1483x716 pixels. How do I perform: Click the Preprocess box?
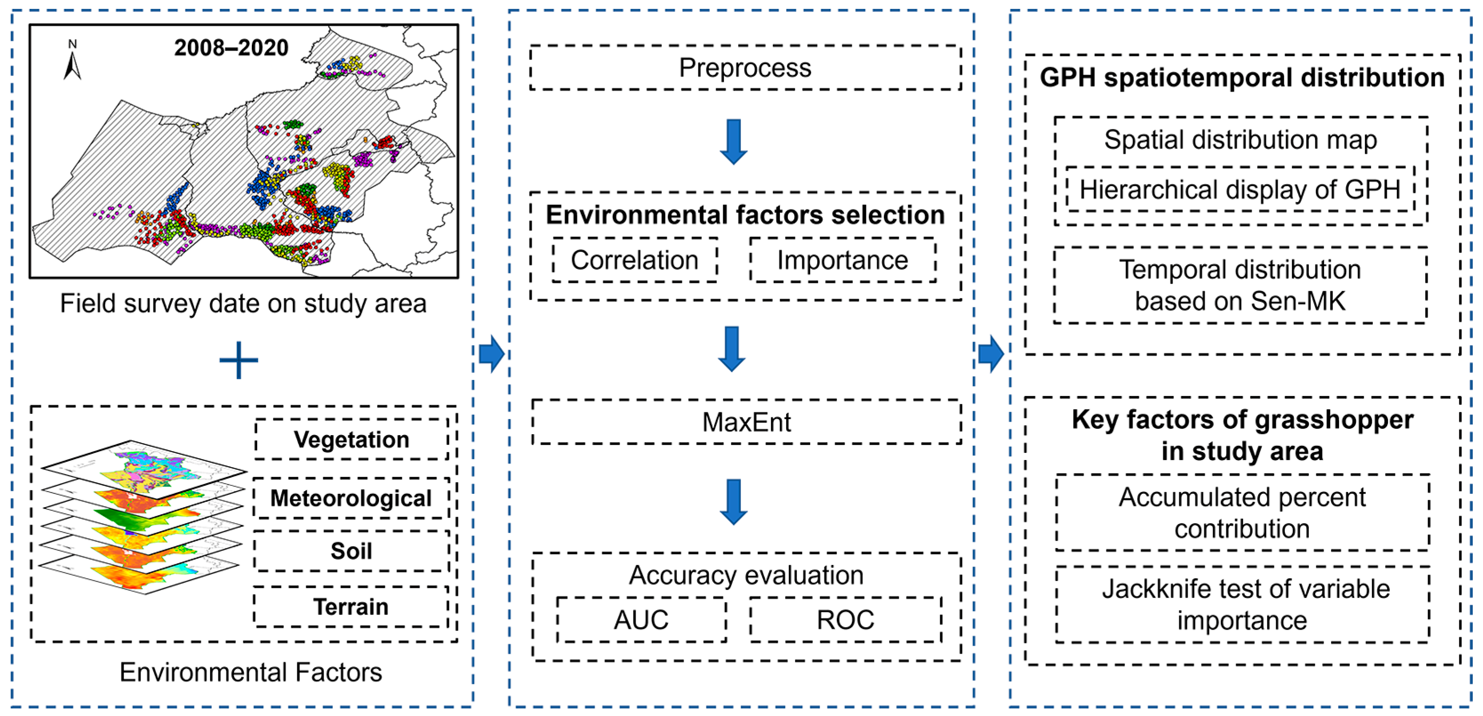coord(744,68)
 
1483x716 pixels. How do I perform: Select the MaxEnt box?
coord(746,422)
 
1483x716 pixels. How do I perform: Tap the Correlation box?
coord(634,260)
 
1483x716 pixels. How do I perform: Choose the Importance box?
coord(842,260)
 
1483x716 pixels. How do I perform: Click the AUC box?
coord(641,620)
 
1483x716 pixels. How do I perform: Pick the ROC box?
coord(845,620)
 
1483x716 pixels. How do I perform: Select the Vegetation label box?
coord(351,440)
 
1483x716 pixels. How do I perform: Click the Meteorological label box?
coord(351,498)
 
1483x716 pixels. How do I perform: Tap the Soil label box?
coord(351,551)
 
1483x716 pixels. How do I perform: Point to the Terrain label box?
coord(351,607)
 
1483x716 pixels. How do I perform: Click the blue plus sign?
coord(239,360)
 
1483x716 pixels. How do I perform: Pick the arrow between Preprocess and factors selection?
coord(733,142)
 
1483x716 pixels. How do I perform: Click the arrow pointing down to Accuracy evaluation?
coord(733,501)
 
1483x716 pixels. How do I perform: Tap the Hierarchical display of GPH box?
coord(1240,189)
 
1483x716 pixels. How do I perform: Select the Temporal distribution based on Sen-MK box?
coord(1240,286)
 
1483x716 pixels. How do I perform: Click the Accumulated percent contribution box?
coord(1242,512)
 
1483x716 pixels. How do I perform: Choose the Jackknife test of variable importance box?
coord(1242,605)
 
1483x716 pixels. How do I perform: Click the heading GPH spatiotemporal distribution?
coord(1242,78)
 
